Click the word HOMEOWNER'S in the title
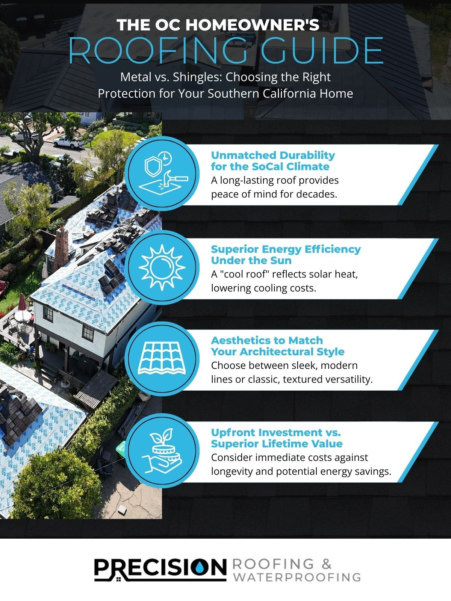click(253, 25)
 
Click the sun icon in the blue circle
click(162, 267)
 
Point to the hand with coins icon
click(162, 451)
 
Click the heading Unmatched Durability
click(273, 155)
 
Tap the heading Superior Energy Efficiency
click(286, 249)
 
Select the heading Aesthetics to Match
click(267, 340)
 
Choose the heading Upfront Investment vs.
click(276, 432)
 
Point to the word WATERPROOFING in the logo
click(297, 577)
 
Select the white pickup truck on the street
click(68, 142)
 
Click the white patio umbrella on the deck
click(23, 316)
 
